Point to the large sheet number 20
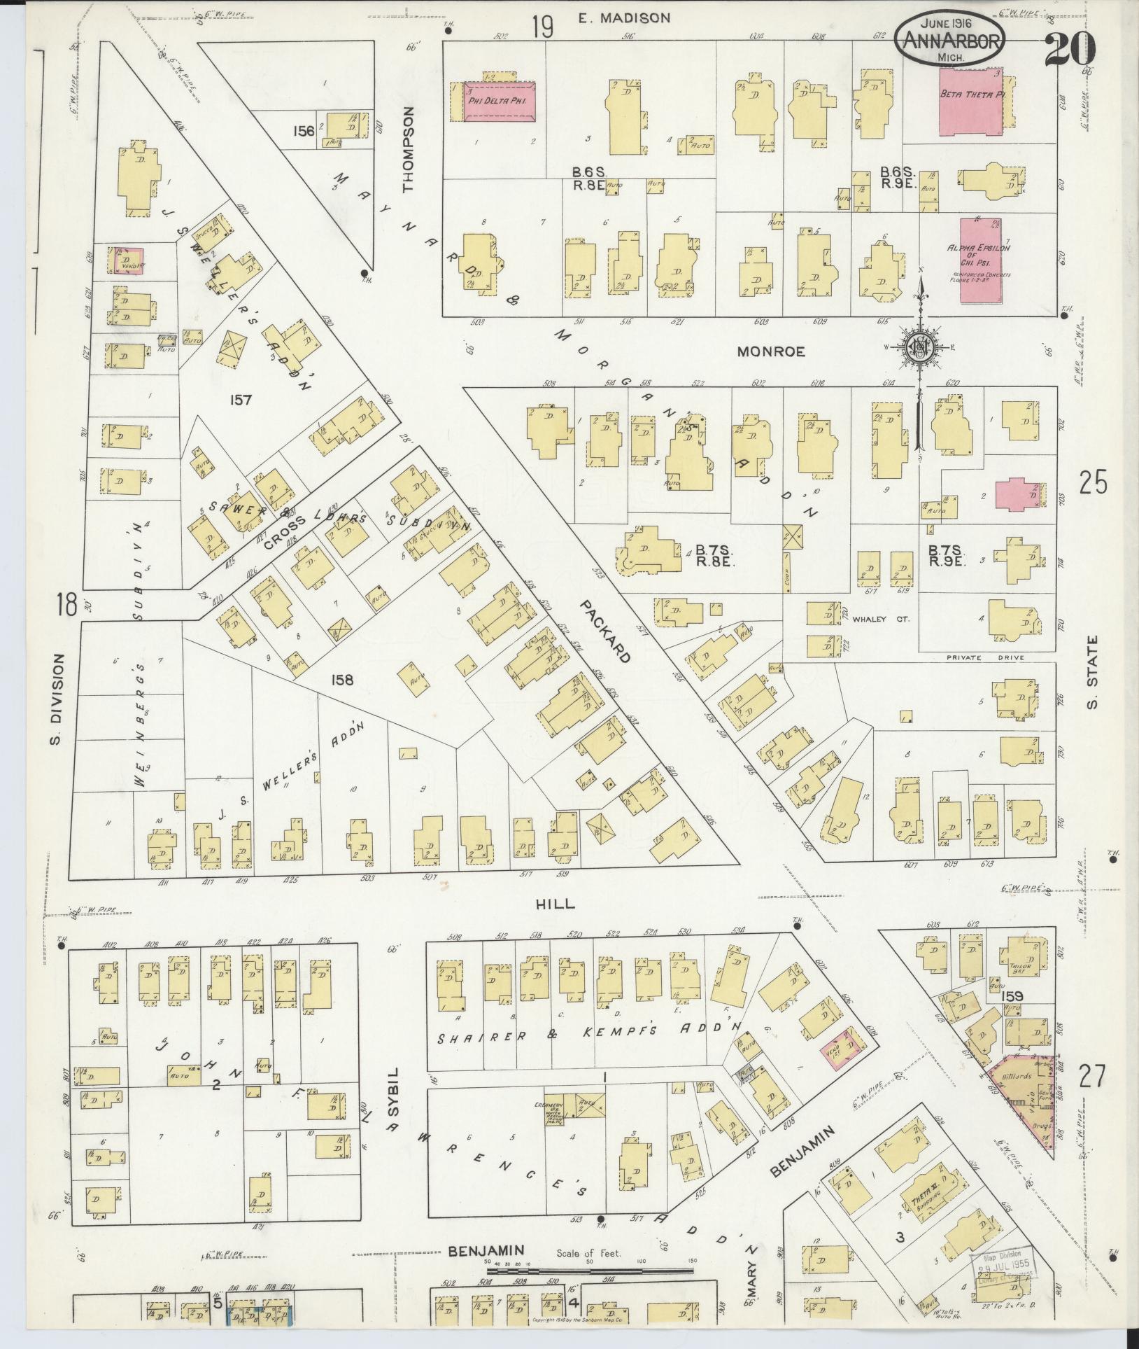pos(1070,48)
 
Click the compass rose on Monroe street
pos(921,347)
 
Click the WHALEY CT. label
pos(880,620)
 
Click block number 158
pos(343,679)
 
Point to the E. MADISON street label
pos(624,19)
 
